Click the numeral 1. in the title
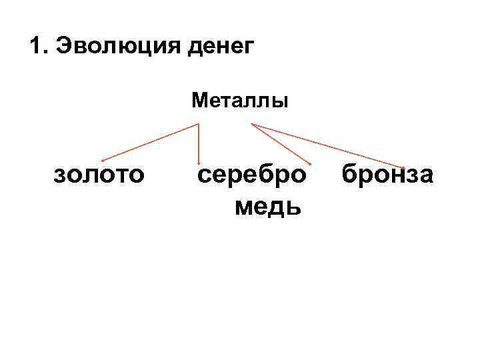coord(39,47)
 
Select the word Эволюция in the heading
coord(106,47)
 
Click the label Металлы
coord(240,101)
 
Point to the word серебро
coord(253,175)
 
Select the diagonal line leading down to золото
coord(150,143)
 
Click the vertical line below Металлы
coord(199,143)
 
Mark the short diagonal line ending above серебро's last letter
coord(280,143)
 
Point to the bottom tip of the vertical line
coord(199,163)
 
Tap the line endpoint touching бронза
coord(403,167)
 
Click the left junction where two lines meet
coord(199,124)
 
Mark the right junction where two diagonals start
coord(251,124)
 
